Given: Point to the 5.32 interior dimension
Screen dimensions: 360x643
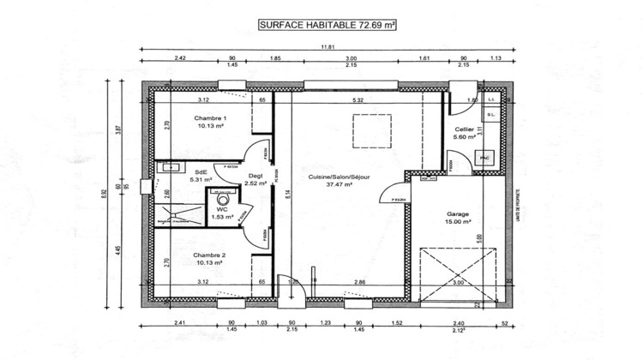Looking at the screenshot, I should pyautogui.click(x=358, y=100).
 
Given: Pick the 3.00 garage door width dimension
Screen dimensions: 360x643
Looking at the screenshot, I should pyautogui.click(x=458, y=282).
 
